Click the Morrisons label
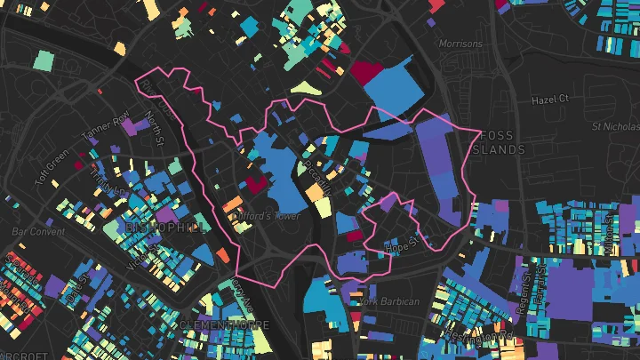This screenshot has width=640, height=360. click(460, 44)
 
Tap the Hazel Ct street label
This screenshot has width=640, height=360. click(549, 100)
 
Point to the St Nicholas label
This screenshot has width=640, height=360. click(615, 126)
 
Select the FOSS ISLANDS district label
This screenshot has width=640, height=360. click(503, 144)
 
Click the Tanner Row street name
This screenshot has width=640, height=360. click(106, 125)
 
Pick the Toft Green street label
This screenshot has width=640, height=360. click(52, 167)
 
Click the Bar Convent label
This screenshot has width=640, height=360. click(38, 231)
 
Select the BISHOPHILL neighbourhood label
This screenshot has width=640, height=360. click(166, 228)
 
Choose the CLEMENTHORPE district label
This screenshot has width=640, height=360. click(224, 325)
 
